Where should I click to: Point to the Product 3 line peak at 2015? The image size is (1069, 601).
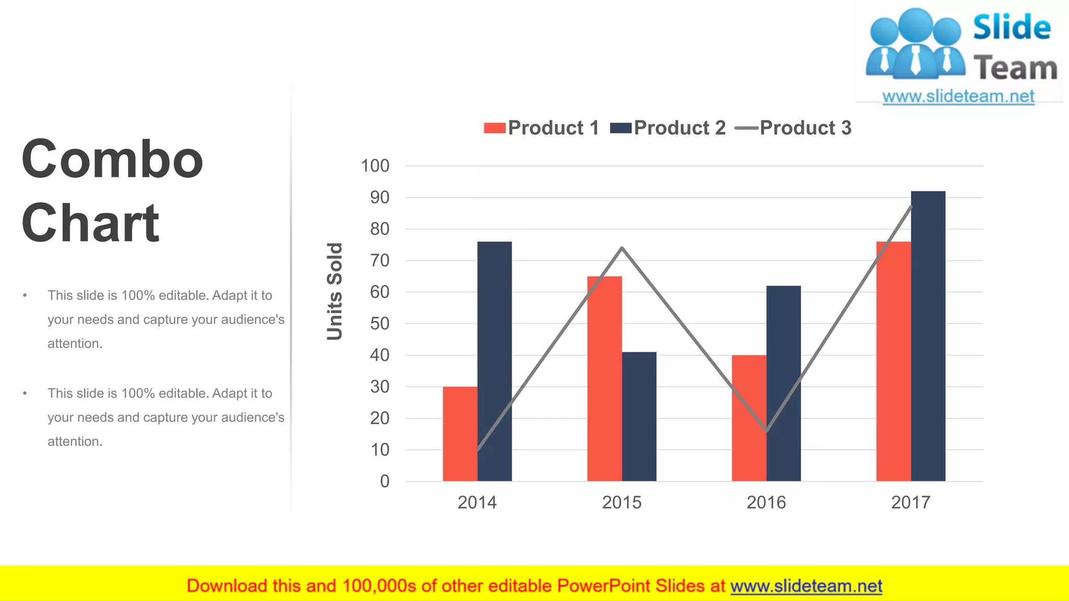click(x=622, y=248)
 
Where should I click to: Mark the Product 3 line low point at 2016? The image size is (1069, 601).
click(x=766, y=431)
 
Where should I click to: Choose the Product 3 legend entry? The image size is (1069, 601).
click(x=793, y=128)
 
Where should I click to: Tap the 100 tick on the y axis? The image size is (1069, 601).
click(x=375, y=166)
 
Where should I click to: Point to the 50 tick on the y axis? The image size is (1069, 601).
click(x=379, y=323)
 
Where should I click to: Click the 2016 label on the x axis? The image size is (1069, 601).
click(x=766, y=502)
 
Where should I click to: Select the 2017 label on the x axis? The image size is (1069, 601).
click(x=910, y=502)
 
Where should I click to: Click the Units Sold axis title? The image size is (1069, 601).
click(x=335, y=291)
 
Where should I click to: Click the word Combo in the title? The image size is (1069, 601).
click(x=112, y=159)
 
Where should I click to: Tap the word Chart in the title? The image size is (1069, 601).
click(x=90, y=223)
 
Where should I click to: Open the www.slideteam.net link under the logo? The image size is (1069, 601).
click(x=958, y=97)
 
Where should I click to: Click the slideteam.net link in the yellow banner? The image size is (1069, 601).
click(x=806, y=586)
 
